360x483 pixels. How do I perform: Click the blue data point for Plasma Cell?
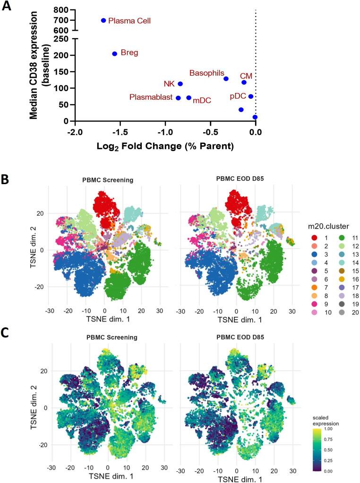pyautogui.click(x=103, y=20)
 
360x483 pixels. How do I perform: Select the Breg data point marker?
pyautogui.click(x=114, y=54)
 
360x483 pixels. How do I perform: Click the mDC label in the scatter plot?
pyautogui.click(x=202, y=100)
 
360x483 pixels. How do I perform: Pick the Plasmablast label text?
pyautogui.click(x=151, y=97)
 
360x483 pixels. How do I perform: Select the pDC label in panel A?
pyautogui.click(x=239, y=96)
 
